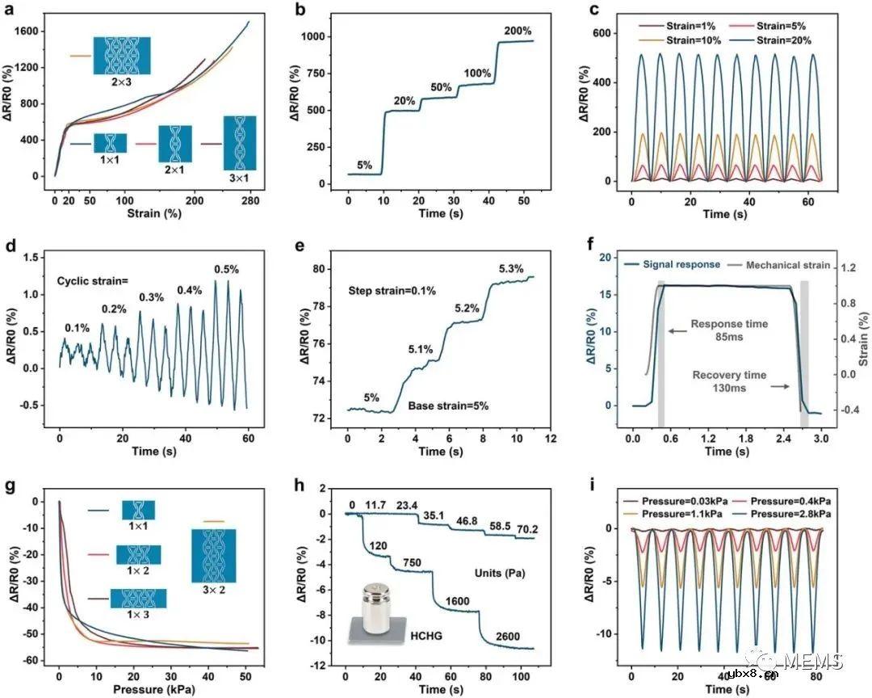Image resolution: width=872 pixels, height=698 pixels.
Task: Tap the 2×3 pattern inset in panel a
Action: (121, 56)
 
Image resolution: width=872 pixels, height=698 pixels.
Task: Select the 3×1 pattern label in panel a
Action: (239, 179)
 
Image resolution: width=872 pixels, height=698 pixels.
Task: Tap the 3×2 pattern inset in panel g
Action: (214, 555)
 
